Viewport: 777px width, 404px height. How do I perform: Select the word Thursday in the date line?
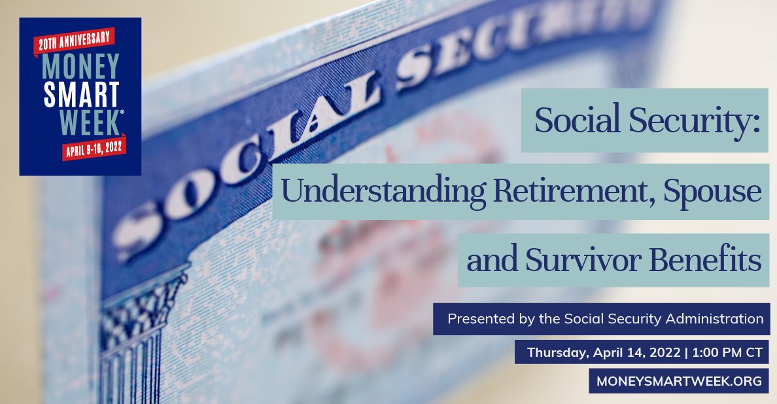coord(557,352)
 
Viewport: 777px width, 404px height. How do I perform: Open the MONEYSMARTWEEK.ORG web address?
coord(679,381)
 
